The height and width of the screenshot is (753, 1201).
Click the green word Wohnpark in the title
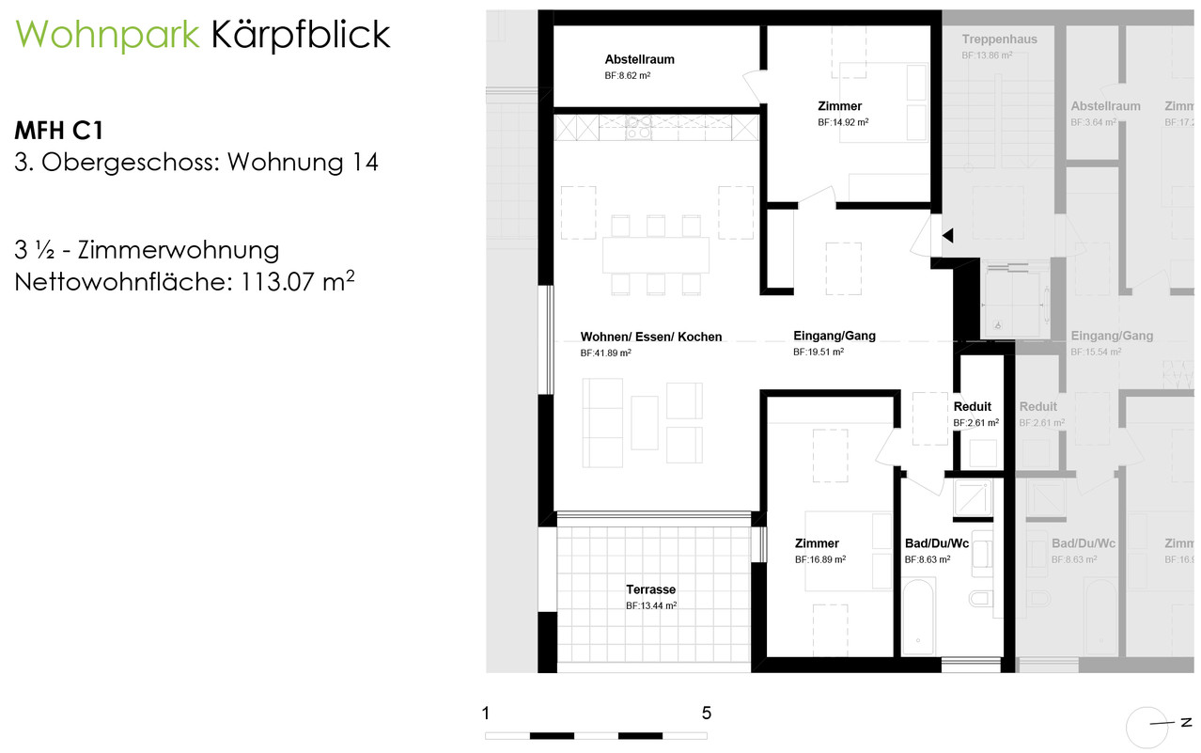coord(107,36)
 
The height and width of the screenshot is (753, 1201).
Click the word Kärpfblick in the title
coord(301,36)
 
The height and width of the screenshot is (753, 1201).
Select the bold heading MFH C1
coord(58,129)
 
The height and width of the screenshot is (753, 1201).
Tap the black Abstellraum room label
coord(639,59)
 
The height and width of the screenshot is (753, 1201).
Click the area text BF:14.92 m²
coord(842,122)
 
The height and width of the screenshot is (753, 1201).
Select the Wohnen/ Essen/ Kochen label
coord(651,337)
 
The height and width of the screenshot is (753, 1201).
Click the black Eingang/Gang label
coord(834,336)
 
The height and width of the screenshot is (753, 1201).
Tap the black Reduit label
coord(972,407)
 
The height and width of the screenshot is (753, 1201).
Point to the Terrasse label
coord(650,590)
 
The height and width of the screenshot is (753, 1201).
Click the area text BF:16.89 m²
coord(819,559)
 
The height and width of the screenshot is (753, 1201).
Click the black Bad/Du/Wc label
coord(936,543)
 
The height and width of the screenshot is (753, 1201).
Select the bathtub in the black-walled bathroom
coord(917,616)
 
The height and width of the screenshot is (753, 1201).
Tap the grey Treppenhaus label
coord(999,39)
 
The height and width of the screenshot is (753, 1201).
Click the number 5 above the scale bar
coord(706,713)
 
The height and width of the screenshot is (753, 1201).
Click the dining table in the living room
coord(655,254)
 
